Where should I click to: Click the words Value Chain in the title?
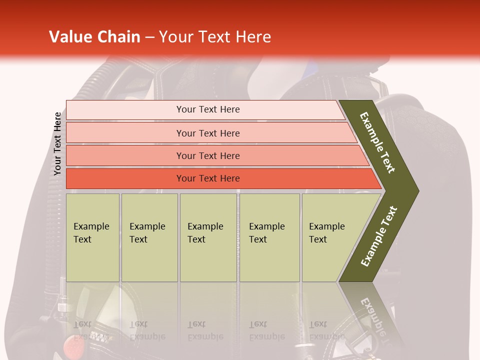pyautogui.click(x=94, y=37)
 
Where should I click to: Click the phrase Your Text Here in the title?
pyautogui.click(x=215, y=37)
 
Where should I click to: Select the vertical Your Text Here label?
pyautogui.click(x=57, y=143)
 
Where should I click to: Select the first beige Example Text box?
pyautogui.click(x=92, y=237)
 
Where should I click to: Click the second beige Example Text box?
pyautogui.click(x=149, y=237)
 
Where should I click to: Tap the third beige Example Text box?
pyautogui.click(x=208, y=237)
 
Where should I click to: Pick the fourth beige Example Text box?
pyautogui.click(x=269, y=237)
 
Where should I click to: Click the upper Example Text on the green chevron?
pyautogui.click(x=377, y=142)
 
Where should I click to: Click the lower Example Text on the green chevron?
pyautogui.click(x=378, y=236)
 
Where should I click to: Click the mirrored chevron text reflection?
pyautogui.click(x=372, y=320)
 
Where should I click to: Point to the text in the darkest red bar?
pyautogui.click(x=208, y=178)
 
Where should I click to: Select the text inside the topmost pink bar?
pyautogui.click(x=208, y=109)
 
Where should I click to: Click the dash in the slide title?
pyautogui.click(x=149, y=37)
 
